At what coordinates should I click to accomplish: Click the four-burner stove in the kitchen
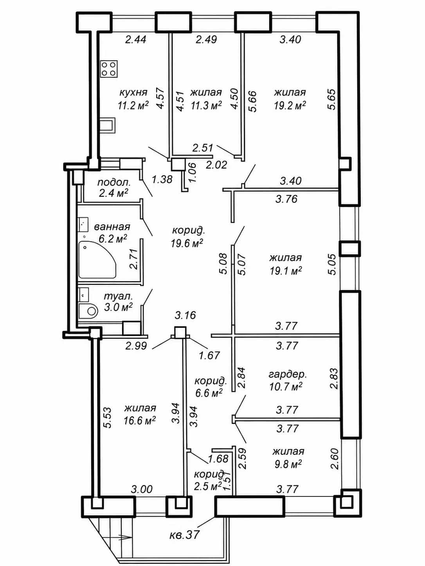point(109,69)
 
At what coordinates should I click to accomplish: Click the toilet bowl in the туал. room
point(88,311)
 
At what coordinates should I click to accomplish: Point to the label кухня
point(133,92)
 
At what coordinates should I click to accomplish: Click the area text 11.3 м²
point(206,106)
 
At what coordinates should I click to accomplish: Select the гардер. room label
point(288,374)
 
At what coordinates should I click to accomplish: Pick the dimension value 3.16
point(185,315)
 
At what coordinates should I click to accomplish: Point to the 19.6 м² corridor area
point(187,243)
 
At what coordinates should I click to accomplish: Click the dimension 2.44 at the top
point(135,39)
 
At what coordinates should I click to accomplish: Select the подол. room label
point(114,183)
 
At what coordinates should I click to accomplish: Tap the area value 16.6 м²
point(140,421)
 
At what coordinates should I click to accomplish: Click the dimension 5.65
point(332,99)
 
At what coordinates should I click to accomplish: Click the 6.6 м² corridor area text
point(209,393)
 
